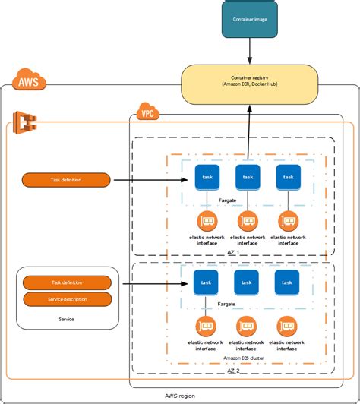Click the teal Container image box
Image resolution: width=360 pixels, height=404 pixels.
pos(250,19)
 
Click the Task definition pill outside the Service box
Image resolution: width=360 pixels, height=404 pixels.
pos(67,180)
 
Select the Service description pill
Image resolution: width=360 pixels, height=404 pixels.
pos(67,298)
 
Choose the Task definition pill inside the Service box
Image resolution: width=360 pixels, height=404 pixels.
pos(67,282)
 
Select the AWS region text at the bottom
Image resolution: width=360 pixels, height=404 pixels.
pos(181,396)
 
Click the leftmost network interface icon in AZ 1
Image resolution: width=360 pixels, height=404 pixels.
pos(207,222)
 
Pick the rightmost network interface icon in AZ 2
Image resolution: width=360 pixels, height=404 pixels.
pos(287,327)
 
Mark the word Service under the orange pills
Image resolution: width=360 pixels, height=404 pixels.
pos(66,319)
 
